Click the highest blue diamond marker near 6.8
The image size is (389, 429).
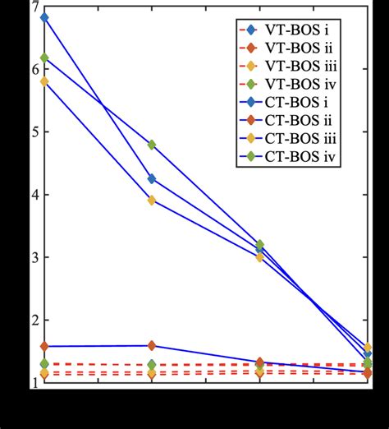tap(44, 17)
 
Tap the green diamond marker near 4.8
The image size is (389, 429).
tap(151, 145)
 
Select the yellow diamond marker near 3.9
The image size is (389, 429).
tap(151, 200)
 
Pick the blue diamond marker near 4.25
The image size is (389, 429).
tap(151, 178)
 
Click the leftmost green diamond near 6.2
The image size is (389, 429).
tap(44, 58)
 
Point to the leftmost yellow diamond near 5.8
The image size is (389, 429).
tap(44, 81)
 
